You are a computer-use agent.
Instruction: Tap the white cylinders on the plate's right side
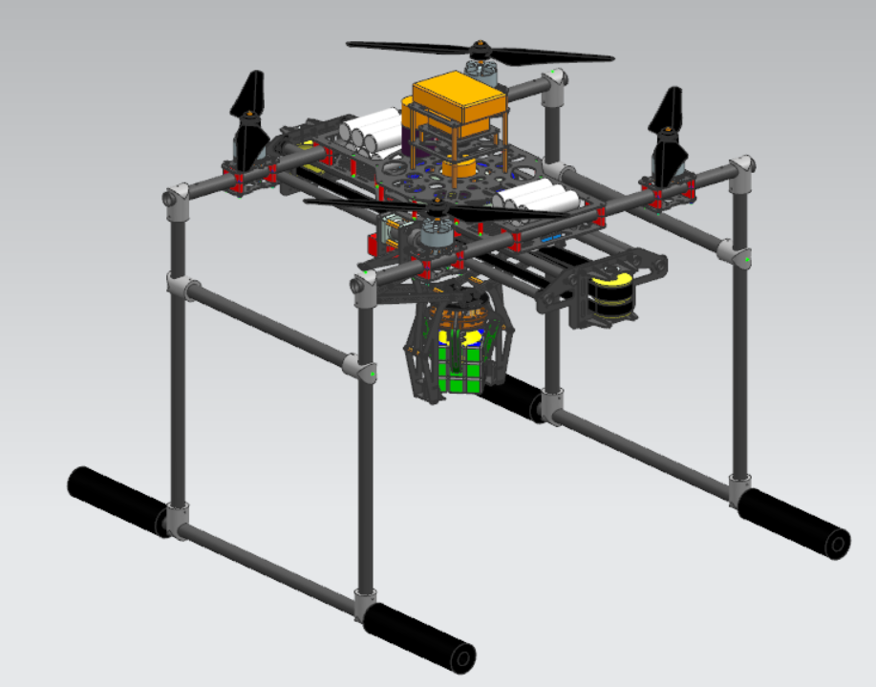pyautogui.click(x=540, y=197)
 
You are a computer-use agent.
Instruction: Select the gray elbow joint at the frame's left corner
pyautogui.click(x=174, y=199)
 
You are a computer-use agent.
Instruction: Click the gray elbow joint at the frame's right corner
pyautogui.click(x=740, y=166)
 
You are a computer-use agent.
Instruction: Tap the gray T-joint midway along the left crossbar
pyautogui.click(x=355, y=365)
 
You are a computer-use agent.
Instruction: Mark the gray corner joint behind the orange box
pyautogui.click(x=551, y=85)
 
